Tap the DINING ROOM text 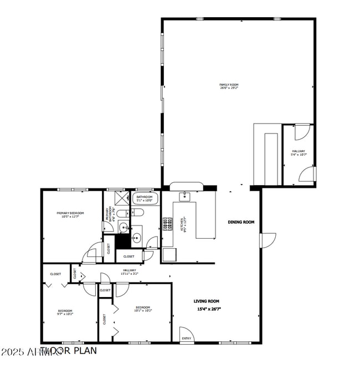click(241, 222)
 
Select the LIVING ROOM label click(206, 301)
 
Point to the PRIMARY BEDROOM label click(70, 213)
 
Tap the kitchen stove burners click(166, 224)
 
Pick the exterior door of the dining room click(267, 240)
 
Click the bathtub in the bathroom click(145, 200)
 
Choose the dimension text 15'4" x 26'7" click(206, 309)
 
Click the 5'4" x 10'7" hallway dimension click(298, 155)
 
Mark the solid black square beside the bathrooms click(122, 242)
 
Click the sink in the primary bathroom click(123, 227)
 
